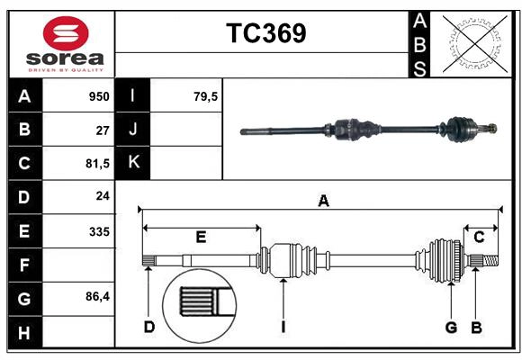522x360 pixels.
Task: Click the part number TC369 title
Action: tap(265, 33)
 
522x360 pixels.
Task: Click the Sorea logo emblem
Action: tap(67, 34)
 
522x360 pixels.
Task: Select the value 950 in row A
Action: tap(98, 96)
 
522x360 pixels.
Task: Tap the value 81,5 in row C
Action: tap(97, 163)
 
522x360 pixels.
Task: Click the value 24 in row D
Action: tap(103, 196)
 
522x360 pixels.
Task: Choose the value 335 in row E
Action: tap(99, 230)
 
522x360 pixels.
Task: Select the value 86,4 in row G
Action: tap(97, 297)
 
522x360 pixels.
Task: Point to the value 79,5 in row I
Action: tap(206, 96)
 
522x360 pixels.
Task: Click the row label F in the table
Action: tap(23, 265)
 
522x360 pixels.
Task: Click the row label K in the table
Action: tap(133, 163)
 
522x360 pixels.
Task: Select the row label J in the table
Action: tap(133, 130)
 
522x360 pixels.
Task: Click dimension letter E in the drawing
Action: tap(201, 238)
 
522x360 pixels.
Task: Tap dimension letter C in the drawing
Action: tap(480, 238)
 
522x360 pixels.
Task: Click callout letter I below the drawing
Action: tap(283, 327)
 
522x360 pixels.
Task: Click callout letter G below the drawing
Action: tap(452, 327)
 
